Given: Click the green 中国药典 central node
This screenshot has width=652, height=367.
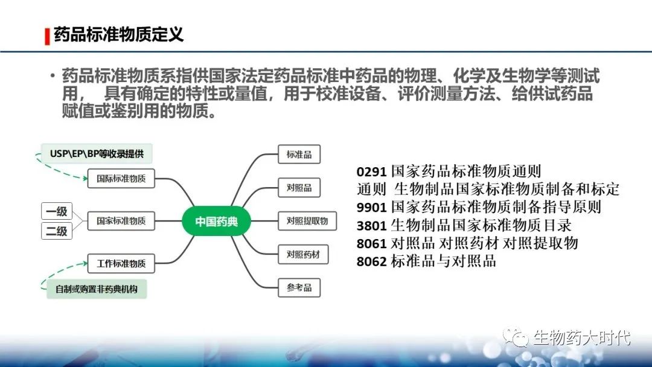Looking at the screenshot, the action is click(x=216, y=221).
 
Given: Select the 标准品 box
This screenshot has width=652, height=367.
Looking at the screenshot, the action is click(x=299, y=154).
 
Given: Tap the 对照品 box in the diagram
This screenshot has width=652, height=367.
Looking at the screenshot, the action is click(x=299, y=188).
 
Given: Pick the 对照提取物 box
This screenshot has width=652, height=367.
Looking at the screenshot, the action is click(x=307, y=221).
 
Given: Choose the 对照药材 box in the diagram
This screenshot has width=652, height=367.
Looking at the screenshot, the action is click(x=303, y=254).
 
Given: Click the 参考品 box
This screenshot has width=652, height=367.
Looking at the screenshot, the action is click(x=299, y=287).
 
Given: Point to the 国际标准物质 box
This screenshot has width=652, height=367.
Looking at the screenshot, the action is click(x=121, y=179).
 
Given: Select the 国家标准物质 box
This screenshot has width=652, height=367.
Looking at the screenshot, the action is click(x=121, y=221).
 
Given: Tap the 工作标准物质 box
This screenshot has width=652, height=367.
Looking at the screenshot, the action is click(x=121, y=264).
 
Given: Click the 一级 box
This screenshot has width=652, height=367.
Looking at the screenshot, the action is click(x=57, y=211).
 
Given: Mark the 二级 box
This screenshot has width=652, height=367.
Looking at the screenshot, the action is click(x=57, y=231).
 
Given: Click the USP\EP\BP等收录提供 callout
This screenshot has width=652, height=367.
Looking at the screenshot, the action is click(x=97, y=154).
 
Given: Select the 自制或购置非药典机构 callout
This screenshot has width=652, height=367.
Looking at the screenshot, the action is click(x=97, y=289).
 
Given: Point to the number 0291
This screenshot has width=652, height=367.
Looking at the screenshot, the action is click(x=372, y=171).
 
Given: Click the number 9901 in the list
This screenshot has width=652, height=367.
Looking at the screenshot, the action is click(x=372, y=207).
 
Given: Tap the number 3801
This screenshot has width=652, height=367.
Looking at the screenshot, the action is click(x=372, y=225).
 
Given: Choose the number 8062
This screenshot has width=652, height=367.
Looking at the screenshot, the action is click(x=372, y=261).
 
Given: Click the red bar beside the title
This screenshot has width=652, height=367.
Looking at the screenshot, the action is click(x=48, y=36).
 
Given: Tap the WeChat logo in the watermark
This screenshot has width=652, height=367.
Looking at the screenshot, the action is click(x=516, y=336).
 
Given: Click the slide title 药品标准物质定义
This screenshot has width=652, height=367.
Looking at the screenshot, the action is click(x=118, y=34).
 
